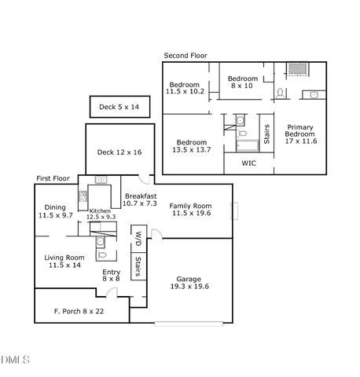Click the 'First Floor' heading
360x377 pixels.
pos(53,179)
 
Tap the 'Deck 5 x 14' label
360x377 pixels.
pos(119,107)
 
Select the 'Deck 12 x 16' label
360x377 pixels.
pos(117,152)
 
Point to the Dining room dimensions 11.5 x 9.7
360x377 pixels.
pos(56,215)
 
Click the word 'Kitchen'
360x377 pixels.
pos(100,211)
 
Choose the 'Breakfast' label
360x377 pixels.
pos(141,196)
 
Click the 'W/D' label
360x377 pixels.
pos(138,236)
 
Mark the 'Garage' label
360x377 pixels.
pos(189,279)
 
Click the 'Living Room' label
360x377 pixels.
pos(64,258)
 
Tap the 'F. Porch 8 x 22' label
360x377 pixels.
pos(79,312)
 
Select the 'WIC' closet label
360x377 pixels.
pos(249,163)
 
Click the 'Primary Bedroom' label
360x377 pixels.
pos(301,134)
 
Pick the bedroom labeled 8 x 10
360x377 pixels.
pos(243,82)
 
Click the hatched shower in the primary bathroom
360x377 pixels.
pos(297,68)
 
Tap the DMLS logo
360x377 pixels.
pos(15,361)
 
